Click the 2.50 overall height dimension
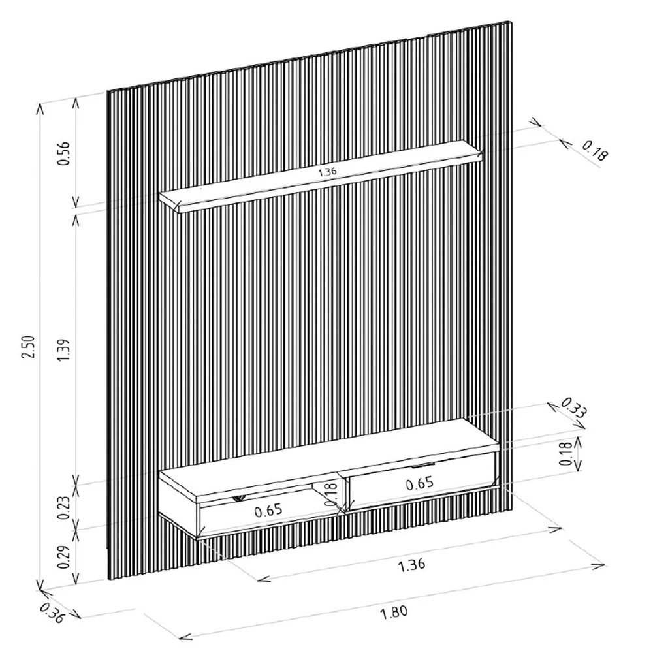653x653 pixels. (x=28, y=347)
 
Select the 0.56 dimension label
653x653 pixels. (x=63, y=153)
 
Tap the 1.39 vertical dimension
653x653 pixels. (x=64, y=350)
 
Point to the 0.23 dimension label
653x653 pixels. (x=63, y=507)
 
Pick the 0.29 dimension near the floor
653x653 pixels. (x=63, y=557)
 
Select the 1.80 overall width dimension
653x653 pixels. (x=394, y=613)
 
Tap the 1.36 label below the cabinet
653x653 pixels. (x=411, y=565)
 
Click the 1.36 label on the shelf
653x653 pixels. (x=327, y=172)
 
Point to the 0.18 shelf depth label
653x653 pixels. (x=595, y=151)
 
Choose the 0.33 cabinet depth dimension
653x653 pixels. (x=573, y=407)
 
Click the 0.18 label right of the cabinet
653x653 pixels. (x=565, y=453)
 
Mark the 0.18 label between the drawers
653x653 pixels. (x=330, y=494)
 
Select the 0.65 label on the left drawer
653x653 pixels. (x=268, y=511)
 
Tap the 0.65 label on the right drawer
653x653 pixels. (x=419, y=483)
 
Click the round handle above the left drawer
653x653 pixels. (x=239, y=497)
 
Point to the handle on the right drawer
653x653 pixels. (x=423, y=465)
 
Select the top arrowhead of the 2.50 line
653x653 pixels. (x=40, y=108)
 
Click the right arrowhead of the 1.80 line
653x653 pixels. (x=599, y=565)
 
